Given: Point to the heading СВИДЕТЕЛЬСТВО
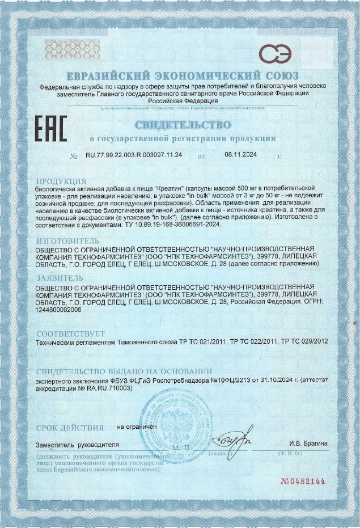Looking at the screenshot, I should (x=183, y=124).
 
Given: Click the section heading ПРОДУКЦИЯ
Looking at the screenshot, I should (x=64, y=181).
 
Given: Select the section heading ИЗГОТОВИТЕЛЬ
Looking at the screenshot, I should (x=70, y=240).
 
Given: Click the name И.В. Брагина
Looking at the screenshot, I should (x=308, y=443).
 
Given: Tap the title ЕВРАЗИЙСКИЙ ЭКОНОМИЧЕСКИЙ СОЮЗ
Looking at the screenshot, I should (x=183, y=76).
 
